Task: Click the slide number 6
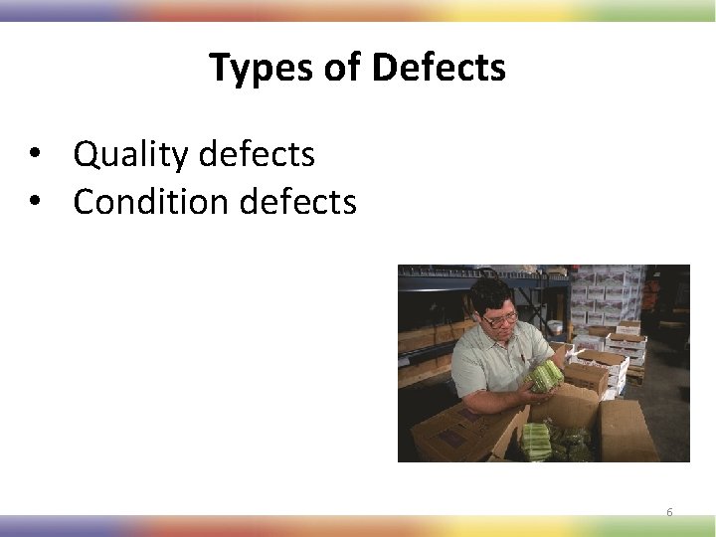click(x=669, y=512)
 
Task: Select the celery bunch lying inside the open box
click(x=537, y=439)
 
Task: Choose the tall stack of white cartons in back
click(x=597, y=293)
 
